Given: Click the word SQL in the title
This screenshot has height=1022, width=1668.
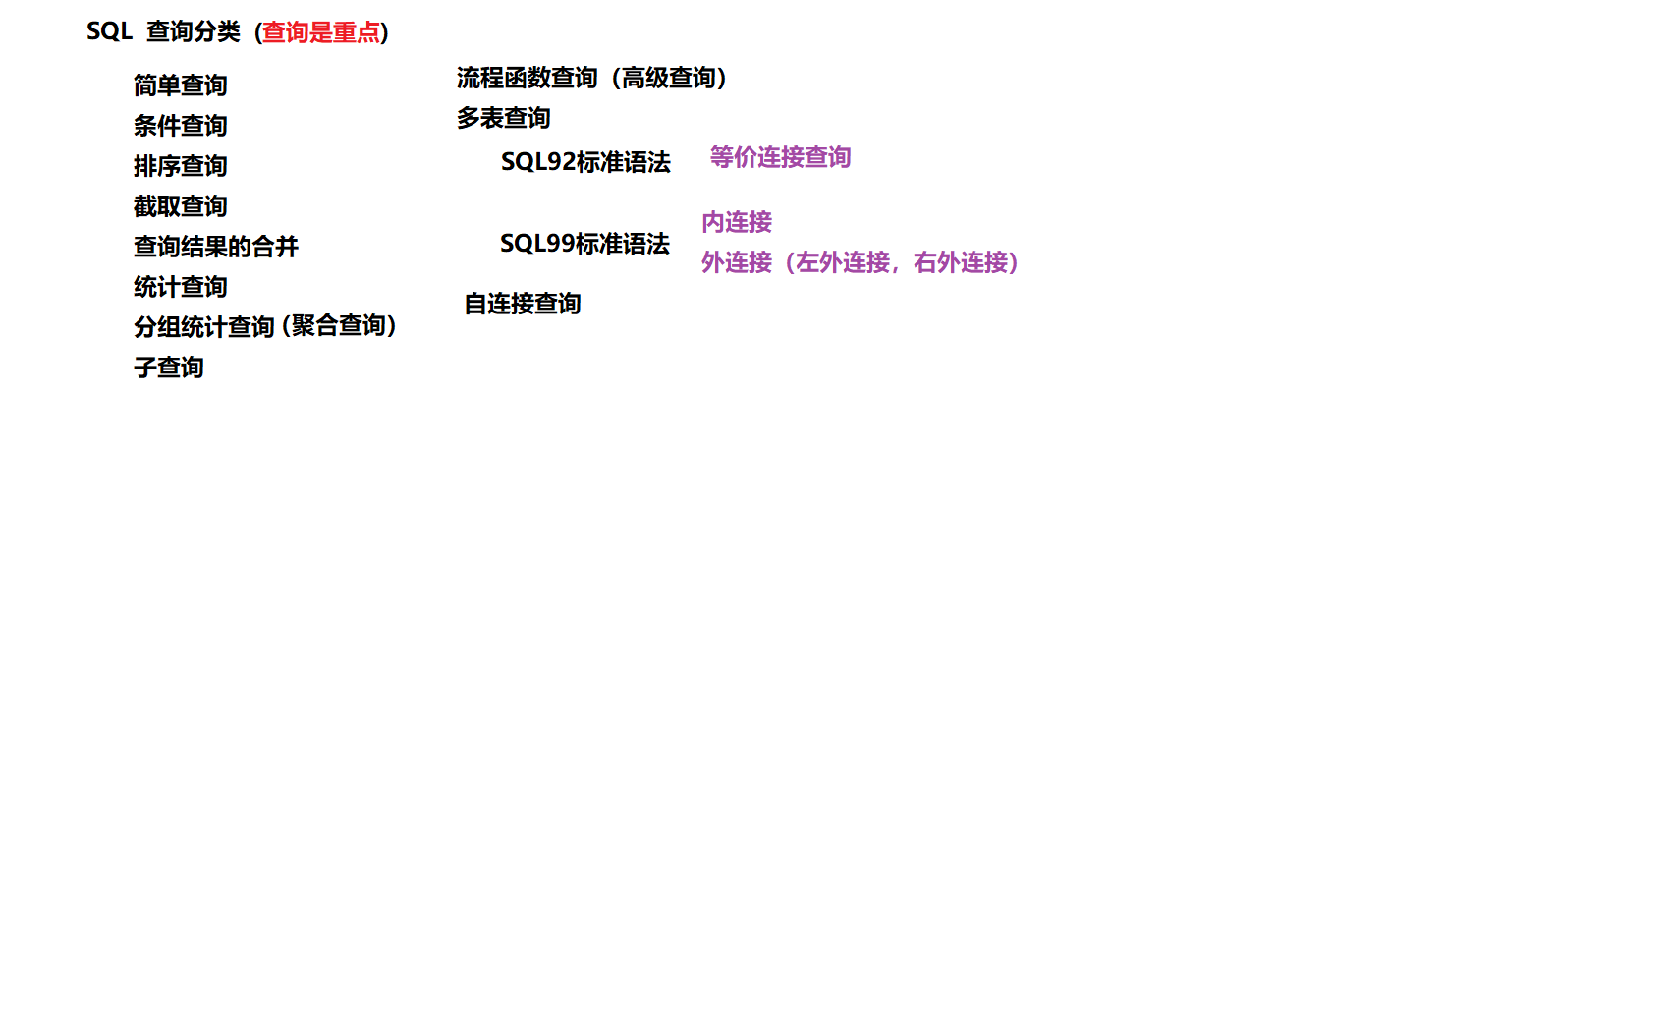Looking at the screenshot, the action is click(x=109, y=31).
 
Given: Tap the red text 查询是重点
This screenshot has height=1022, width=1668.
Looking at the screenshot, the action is click(x=320, y=32).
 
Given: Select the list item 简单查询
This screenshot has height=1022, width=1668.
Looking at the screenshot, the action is click(x=180, y=85).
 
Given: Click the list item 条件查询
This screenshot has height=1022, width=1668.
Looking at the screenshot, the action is click(x=180, y=126).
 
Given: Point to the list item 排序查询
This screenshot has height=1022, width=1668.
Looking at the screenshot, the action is click(x=180, y=166).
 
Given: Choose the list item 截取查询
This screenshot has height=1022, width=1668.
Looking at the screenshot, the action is click(x=180, y=206).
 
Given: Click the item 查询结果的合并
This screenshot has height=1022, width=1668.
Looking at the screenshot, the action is click(x=215, y=247).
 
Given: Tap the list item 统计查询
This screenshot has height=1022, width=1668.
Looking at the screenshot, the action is click(x=180, y=287).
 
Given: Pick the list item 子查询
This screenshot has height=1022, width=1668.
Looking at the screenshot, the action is click(x=168, y=368).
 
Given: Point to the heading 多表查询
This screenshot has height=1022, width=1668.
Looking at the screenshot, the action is click(x=503, y=118).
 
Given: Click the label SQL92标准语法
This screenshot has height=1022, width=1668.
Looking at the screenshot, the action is click(x=585, y=162).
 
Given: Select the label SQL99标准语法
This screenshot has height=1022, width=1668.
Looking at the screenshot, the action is click(x=584, y=244).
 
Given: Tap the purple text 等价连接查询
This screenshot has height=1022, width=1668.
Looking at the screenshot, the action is click(x=780, y=157).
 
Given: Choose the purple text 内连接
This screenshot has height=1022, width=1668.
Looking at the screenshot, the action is click(x=737, y=222).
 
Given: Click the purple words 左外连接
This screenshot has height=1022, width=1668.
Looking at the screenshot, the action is click(x=843, y=262).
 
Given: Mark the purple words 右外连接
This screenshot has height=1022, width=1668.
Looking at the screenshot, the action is click(x=961, y=262).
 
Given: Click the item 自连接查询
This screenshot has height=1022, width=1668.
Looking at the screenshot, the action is click(x=522, y=304).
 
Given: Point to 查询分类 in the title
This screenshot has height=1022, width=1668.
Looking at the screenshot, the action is click(x=193, y=31).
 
